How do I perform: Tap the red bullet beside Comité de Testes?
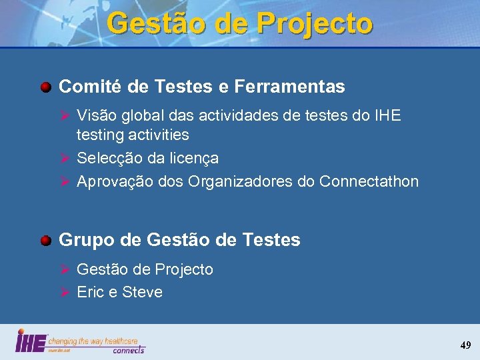pos(45,87)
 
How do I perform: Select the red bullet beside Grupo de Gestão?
pos(45,241)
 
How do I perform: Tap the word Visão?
pos(95,116)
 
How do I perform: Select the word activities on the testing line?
pos(157,135)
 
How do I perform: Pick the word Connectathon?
pos(369,181)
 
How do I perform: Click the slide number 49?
pos(465,345)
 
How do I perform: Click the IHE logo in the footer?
pos(31,341)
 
